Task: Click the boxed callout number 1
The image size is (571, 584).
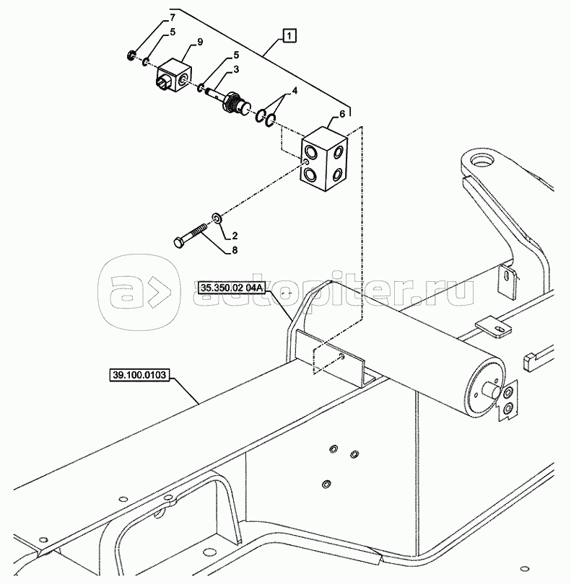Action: tap(290, 36)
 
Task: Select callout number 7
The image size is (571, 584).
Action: tap(172, 17)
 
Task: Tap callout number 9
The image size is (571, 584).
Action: tap(200, 42)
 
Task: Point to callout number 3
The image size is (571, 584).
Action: tap(236, 70)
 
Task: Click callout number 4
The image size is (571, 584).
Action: tap(295, 91)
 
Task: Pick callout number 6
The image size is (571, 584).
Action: tap(342, 114)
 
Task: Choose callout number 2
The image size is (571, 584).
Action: tap(235, 236)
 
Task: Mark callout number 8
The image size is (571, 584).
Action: tap(235, 250)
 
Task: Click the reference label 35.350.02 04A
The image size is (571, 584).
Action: tap(232, 288)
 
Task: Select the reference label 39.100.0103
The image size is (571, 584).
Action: tap(139, 374)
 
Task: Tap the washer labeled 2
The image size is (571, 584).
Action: tap(217, 218)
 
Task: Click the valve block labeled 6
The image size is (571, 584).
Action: tap(325, 159)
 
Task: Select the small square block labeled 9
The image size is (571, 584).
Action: tap(173, 76)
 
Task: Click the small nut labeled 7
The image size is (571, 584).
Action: tap(131, 56)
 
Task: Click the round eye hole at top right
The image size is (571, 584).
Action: tap(482, 162)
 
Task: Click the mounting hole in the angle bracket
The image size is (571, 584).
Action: tap(342, 357)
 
